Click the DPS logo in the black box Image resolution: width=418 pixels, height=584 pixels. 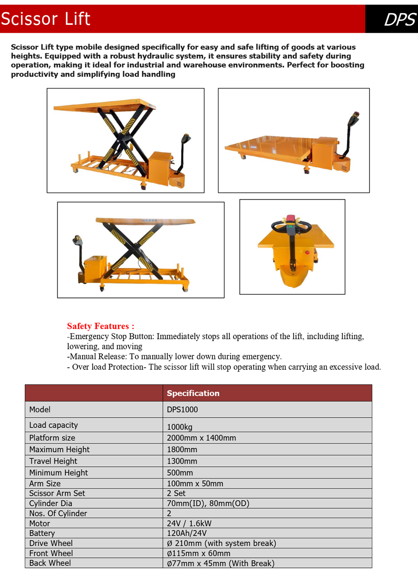pos(400,20)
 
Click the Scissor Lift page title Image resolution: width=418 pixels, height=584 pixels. pos(46,19)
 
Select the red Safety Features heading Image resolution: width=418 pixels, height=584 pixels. pos(101,326)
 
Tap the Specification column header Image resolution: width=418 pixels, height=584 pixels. pos(193,393)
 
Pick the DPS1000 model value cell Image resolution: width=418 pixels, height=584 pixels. pos(182,410)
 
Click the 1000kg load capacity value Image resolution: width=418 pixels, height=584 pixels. pos(179,427)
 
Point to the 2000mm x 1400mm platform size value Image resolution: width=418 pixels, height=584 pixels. pos(201,438)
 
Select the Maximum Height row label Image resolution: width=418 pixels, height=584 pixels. pos(59,449)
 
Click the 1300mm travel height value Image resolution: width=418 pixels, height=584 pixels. pos(182,461)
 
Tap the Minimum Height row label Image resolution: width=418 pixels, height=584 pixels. pos(58,473)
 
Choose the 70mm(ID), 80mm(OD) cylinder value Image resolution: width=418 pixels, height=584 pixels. pos(208,503)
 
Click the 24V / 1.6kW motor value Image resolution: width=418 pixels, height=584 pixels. pos(189,523)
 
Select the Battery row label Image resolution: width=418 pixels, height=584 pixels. pos(42,533)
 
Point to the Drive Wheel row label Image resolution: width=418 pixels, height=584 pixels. pos(51,543)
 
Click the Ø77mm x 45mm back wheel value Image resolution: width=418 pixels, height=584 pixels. pos(220,563)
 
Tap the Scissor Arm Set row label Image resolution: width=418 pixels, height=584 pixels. pos(57,493)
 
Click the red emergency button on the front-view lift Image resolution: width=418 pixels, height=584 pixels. pos(307,252)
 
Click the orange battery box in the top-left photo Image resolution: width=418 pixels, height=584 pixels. pos(159,168)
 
